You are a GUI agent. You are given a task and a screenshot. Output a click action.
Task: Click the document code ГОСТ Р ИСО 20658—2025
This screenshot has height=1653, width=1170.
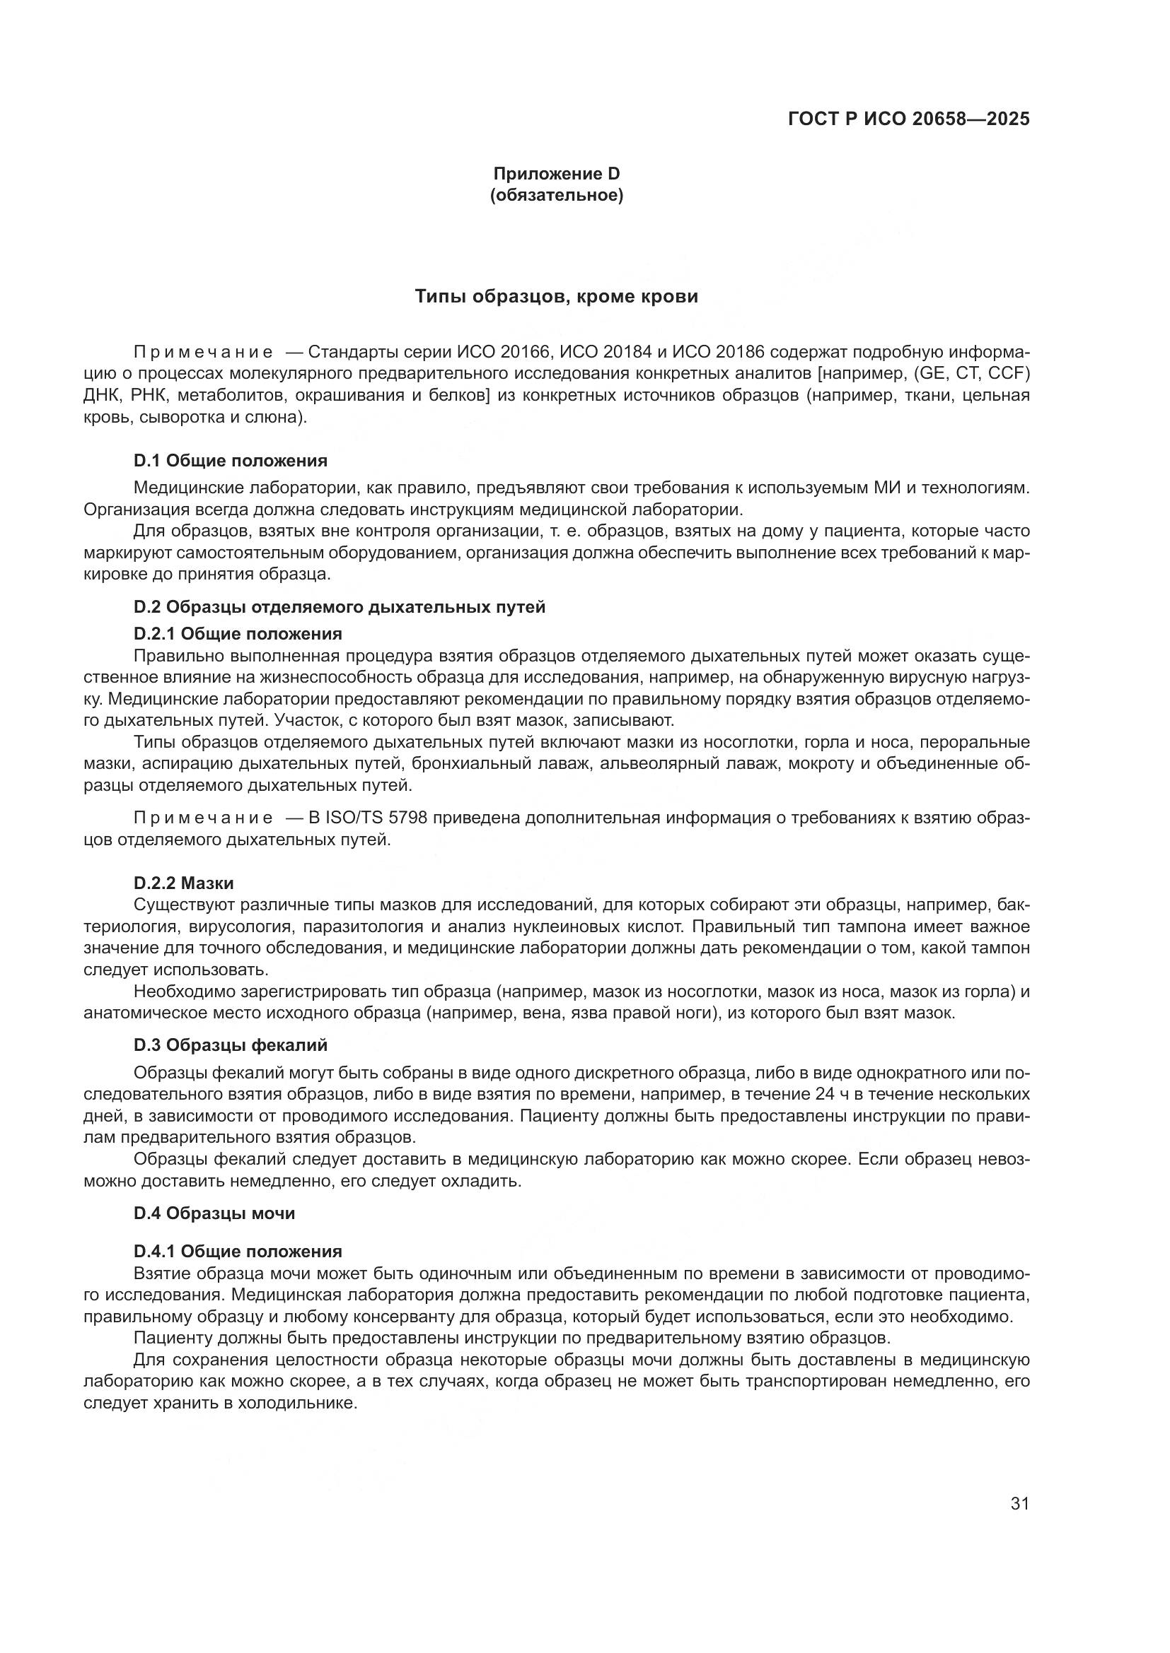pyautogui.click(x=908, y=119)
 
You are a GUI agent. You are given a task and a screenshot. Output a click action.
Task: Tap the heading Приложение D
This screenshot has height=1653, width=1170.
pyautogui.click(x=556, y=174)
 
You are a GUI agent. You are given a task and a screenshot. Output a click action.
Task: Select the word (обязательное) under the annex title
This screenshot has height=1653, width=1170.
pyautogui.click(x=556, y=195)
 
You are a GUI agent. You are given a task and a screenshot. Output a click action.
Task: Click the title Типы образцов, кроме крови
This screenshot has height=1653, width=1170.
pyautogui.click(x=556, y=297)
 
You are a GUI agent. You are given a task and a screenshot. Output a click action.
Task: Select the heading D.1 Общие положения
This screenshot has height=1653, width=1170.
pyautogui.click(x=231, y=461)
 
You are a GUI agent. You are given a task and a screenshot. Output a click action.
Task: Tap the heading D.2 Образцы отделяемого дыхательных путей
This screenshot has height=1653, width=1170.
pyautogui.click(x=340, y=607)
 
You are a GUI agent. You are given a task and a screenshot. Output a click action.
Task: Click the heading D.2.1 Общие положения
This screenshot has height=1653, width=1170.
pyautogui.click(x=238, y=633)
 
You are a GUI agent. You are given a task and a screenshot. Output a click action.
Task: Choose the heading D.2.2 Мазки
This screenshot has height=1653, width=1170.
pyautogui.click(x=184, y=883)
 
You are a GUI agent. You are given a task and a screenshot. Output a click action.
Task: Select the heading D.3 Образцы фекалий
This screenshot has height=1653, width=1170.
pyautogui.click(x=231, y=1045)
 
